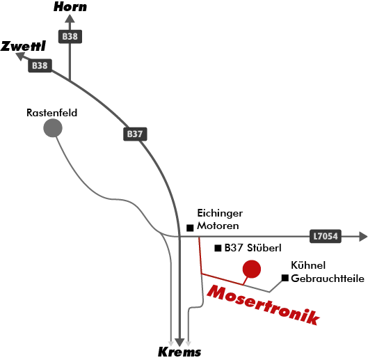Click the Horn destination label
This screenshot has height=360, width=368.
[x=70, y=6]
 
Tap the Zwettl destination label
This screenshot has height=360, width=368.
[x=23, y=46]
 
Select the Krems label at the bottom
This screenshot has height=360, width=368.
[x=179, y=352]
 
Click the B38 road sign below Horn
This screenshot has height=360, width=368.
[x=70, y=36]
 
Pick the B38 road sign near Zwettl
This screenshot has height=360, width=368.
[x=40, y=65]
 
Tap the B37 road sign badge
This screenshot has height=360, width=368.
[x=135, y=134]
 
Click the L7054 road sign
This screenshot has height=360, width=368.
[x=326, y=236]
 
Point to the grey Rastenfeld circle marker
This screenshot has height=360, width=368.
[x=53, y=128]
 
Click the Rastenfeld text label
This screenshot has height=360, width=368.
[x=52, y=113]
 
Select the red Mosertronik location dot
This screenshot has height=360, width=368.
[x=252, y=269]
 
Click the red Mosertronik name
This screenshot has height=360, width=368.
[x=264, y=305]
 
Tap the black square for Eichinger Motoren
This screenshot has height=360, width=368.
[x=190, y=228]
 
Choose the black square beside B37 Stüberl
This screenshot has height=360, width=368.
[x=218, y=248]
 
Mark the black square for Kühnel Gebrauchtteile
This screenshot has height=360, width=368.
[x=285, y=278]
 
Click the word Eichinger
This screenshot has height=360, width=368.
[x=220, y=213]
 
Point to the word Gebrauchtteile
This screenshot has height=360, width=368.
[x=328, y=279]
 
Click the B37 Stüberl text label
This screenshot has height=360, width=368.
[x=253, y=248]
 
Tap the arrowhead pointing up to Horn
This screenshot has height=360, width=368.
[x=70, y=19]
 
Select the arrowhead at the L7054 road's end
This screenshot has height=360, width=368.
[x=363, y=236]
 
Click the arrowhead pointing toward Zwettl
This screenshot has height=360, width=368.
[x=20, y=56]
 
